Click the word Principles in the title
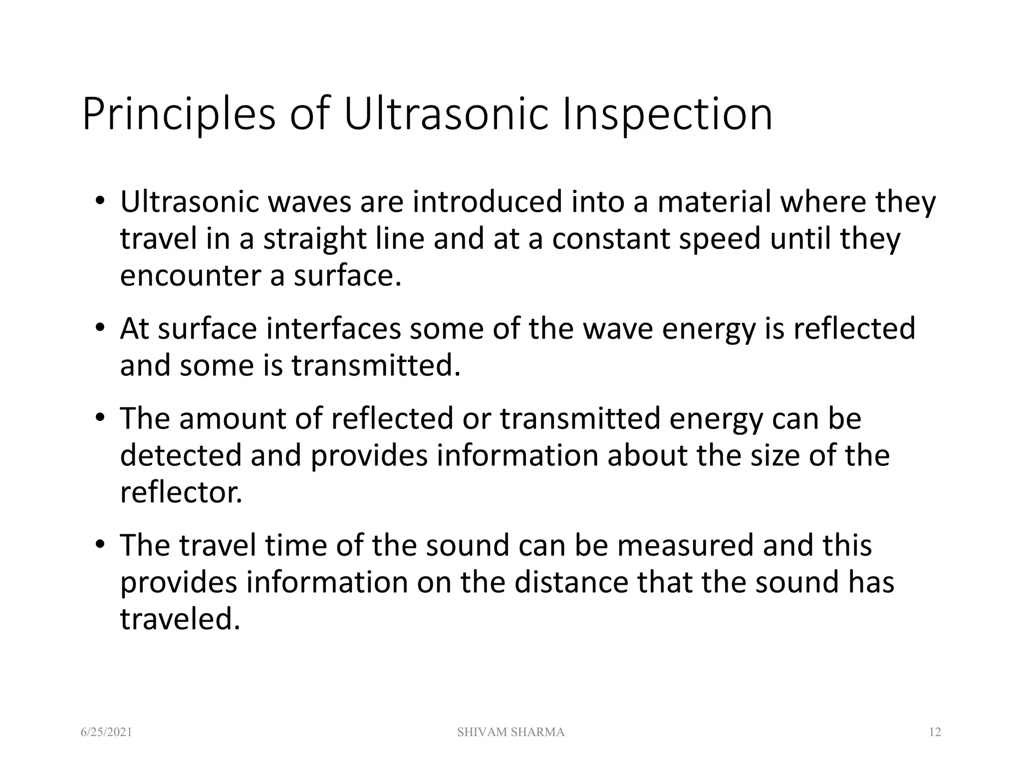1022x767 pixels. tap(179, 115)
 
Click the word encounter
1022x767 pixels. tap(190, 276)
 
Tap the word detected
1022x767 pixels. tap(181, 455)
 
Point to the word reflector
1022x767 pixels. tap(181, 492)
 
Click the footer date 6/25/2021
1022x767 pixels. tap(107, 733)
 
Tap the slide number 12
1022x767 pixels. tap(935, 733)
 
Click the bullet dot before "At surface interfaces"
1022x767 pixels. tap(100, 328)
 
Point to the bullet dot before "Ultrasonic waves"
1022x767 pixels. tap(100, 200)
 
